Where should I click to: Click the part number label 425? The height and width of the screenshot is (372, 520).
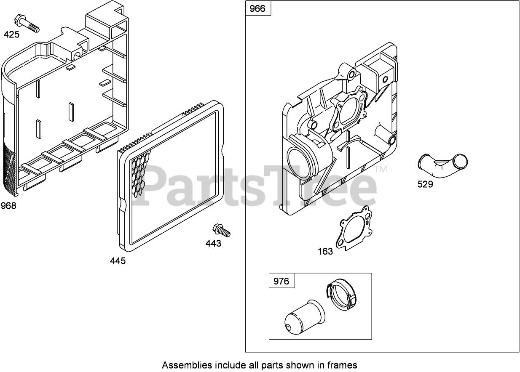[11, 35]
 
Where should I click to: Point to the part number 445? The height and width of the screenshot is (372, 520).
[118, 261]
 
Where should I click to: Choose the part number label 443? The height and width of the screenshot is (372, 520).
[213, 244]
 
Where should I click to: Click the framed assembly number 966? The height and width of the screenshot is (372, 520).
[257, 8]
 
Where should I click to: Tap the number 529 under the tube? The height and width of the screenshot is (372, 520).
[425, 184]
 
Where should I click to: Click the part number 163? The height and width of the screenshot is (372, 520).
[325, 252]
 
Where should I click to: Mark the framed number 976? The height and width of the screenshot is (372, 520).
[281, 281]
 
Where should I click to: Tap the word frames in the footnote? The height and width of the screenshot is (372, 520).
[343, 365]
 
